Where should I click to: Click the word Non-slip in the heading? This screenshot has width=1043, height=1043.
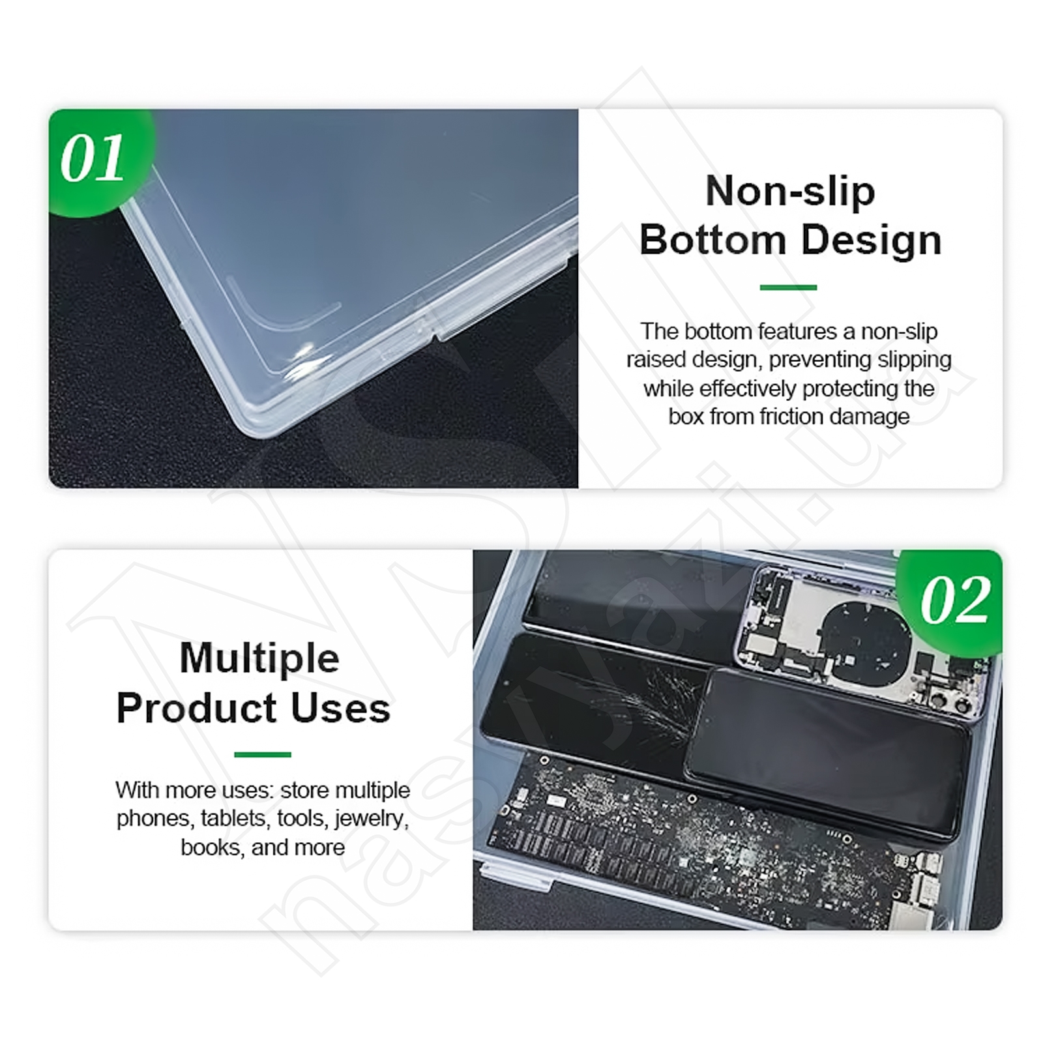coord(790,191)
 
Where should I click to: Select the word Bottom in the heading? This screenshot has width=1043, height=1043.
coord(713,240)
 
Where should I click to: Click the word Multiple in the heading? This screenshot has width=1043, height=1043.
coord(259,659)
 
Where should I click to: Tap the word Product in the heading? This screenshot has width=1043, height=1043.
coord(197,708)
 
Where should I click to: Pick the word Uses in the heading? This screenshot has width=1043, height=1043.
coord(341,708)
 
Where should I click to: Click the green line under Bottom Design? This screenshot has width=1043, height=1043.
coord(788,287)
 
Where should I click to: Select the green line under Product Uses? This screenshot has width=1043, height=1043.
coord(262,754)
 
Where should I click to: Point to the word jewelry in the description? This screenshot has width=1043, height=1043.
coord(372,818)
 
